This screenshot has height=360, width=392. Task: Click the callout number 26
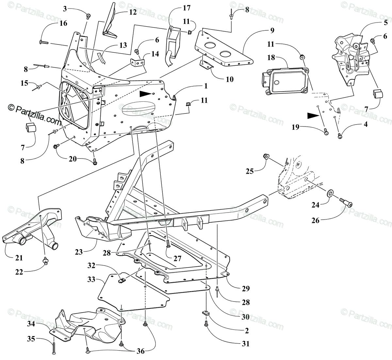316,221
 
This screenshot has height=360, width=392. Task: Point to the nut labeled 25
267,157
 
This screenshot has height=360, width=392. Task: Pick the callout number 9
272,31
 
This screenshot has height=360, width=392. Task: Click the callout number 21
19,258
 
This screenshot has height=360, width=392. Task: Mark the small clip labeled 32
122,280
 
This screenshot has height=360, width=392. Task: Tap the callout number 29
246,288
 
